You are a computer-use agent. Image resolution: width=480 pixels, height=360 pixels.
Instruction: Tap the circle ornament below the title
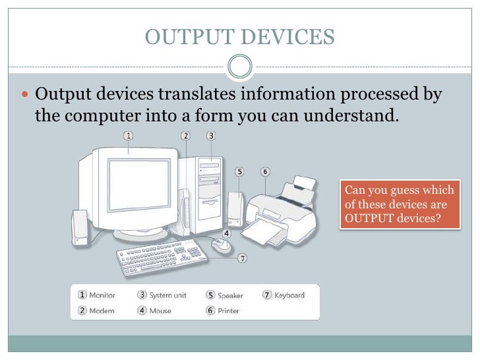[x=240, y=67]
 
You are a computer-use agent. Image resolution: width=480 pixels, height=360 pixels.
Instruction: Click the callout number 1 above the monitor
[x=128, y=136]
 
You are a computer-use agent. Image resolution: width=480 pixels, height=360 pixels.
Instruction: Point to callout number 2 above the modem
[x=186, y=136]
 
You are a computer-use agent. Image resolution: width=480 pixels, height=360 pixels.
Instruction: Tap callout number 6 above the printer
[x=264, y=171]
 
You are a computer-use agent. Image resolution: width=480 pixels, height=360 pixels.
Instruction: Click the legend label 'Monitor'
[x=102, y=295]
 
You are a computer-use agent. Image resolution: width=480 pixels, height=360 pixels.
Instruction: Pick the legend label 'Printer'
[x=228, y=311]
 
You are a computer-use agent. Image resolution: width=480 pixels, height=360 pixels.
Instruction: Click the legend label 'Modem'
[x=102, y=311]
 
